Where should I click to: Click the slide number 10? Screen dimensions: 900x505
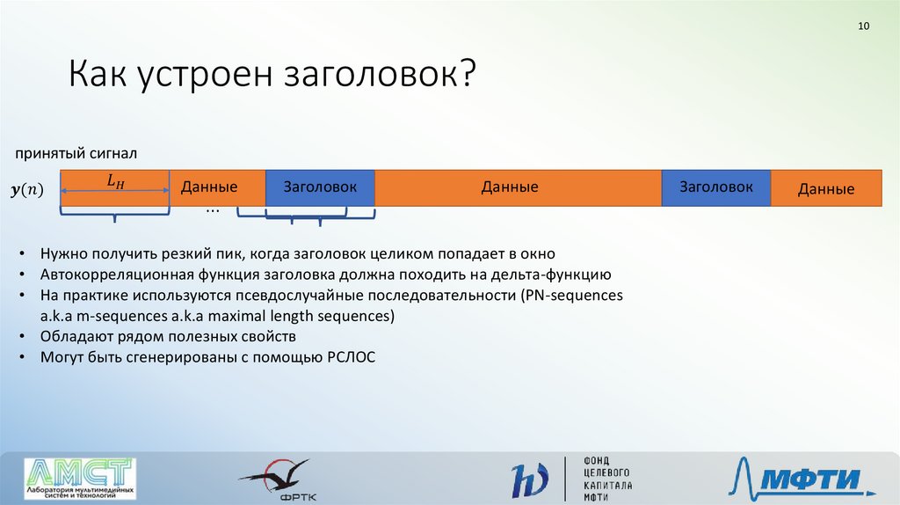863,26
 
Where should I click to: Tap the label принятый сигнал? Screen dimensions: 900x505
76,153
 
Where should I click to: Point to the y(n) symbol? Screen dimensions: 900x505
27,189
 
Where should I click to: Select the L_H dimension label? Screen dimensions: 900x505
115,181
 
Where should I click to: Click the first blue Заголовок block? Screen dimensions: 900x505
320,187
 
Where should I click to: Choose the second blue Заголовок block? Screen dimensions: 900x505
716,187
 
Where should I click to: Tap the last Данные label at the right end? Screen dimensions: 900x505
826,189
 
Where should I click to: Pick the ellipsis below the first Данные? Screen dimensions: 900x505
213,211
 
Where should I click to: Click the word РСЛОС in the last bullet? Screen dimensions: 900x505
352,357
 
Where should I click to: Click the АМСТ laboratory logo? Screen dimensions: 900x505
80,478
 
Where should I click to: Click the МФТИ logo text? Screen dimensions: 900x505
811,478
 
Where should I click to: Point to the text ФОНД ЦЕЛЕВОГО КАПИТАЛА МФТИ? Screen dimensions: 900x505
608,479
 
